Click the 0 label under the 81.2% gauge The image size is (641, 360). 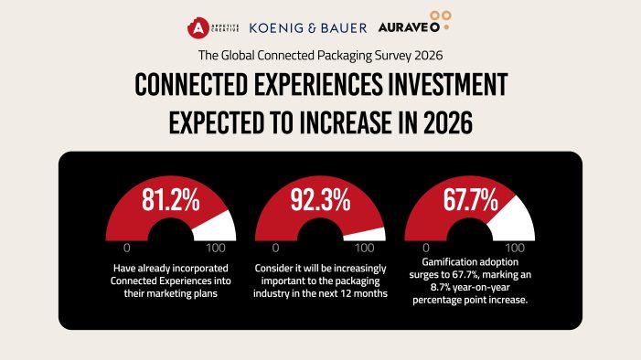tap(126, 248)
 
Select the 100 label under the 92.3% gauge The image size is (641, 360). tap(365, 248)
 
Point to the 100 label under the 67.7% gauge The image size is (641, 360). tap(514, 248)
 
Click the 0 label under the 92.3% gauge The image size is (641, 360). tap(275, 248)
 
